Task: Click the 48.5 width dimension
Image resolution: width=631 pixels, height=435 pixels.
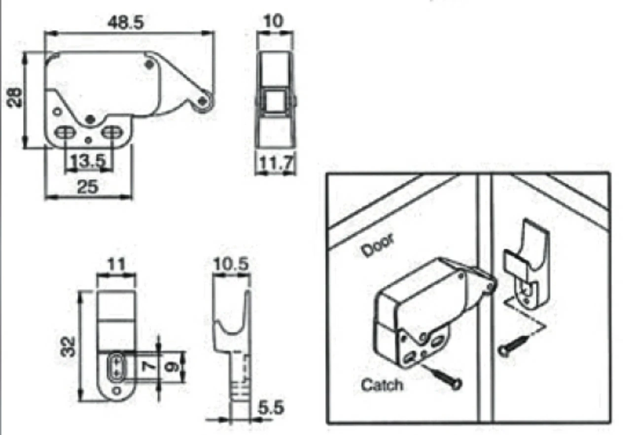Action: [x=126, y=23]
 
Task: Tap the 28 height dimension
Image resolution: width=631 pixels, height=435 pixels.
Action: [x=14, y=97]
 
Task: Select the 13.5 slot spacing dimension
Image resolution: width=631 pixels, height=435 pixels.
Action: [x=88, y=161]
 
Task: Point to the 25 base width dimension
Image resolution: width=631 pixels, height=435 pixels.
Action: [x=88, y=186]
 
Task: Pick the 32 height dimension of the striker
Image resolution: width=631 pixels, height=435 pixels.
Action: [x=68, y=347]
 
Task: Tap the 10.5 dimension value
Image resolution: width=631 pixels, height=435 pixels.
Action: [x=231, y=265]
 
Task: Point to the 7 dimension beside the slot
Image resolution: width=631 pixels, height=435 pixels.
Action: [x=149, y=366]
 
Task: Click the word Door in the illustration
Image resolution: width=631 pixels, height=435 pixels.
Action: [x=378, y=245]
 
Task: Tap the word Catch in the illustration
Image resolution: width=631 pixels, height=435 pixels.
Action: [x=382, y=385]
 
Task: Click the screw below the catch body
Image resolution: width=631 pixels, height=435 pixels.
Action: [x=445, y=377]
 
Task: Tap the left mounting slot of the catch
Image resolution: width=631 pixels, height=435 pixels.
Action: [x=66, y=133]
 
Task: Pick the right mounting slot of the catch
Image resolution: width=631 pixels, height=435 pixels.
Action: [x=112, y=132]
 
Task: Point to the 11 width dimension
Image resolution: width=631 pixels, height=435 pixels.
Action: [x=116, y=265]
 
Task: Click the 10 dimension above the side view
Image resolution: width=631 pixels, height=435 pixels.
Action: [x=273, y=21]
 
